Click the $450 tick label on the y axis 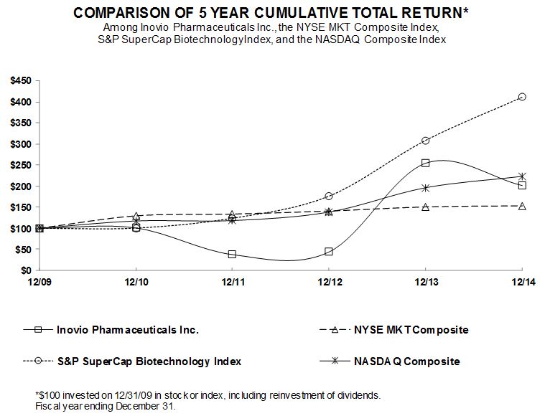pos(20,81)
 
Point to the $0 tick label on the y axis pos(25,270)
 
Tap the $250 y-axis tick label pos(20,165)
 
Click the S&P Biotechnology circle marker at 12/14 pos(522,97)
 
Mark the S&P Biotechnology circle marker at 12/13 pos(425,141)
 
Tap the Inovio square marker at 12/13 pos(425,163)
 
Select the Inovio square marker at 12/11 pos(232,254)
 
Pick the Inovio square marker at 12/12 pos(329,252)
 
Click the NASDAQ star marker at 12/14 pos(522,176)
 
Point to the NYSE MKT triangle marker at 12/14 pos(522,206)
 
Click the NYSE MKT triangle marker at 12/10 pos(136,216)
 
